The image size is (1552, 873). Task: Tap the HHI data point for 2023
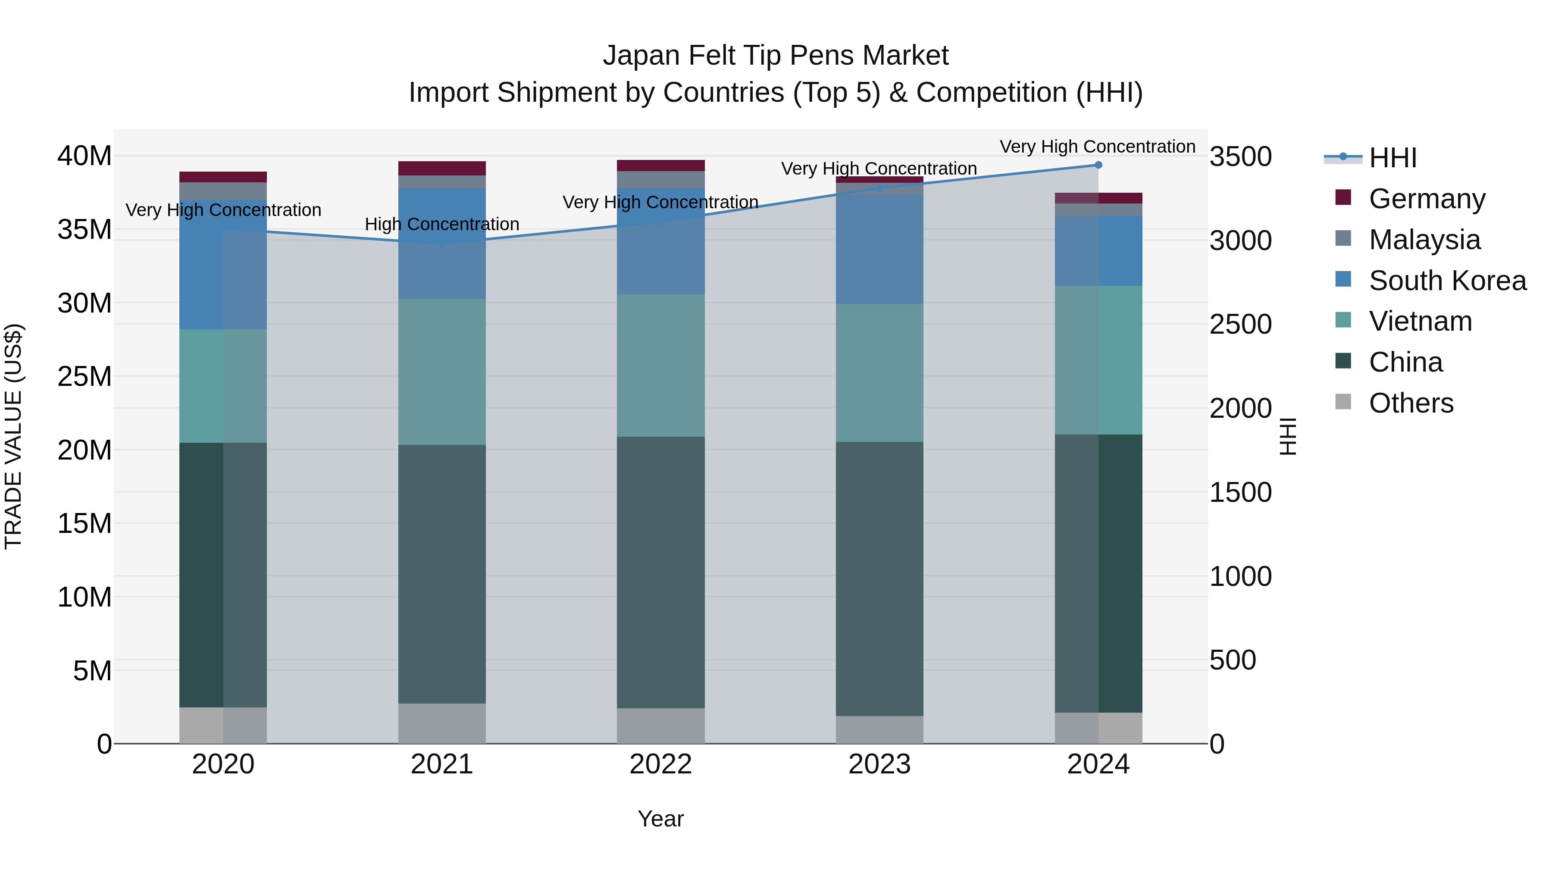(x=879, y=188)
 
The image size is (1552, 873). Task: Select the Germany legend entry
(x=1426, y=198)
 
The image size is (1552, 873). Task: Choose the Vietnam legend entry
(x=1420, y=321)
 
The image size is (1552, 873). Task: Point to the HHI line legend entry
(x=1392, y=158)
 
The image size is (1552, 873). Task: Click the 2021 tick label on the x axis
(x=441, y=764)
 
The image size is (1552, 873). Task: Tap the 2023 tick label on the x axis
(x=879, y=764)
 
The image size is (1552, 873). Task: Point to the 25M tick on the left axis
(x=84, y=376)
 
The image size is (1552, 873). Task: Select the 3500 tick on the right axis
(x=1240, y=156)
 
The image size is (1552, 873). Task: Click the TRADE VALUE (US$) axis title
(x=13, y=437)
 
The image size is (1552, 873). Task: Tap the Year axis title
(x=660, y=819)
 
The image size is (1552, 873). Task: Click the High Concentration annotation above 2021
(x=441, y=224)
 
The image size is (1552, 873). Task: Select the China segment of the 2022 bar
(x=660, y=573)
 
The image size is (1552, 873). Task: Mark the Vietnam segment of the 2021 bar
(x=441, y=372)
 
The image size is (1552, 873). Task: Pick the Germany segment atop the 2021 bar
(x=441, y=168)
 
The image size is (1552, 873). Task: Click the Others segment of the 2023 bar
(x=879, y=729)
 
